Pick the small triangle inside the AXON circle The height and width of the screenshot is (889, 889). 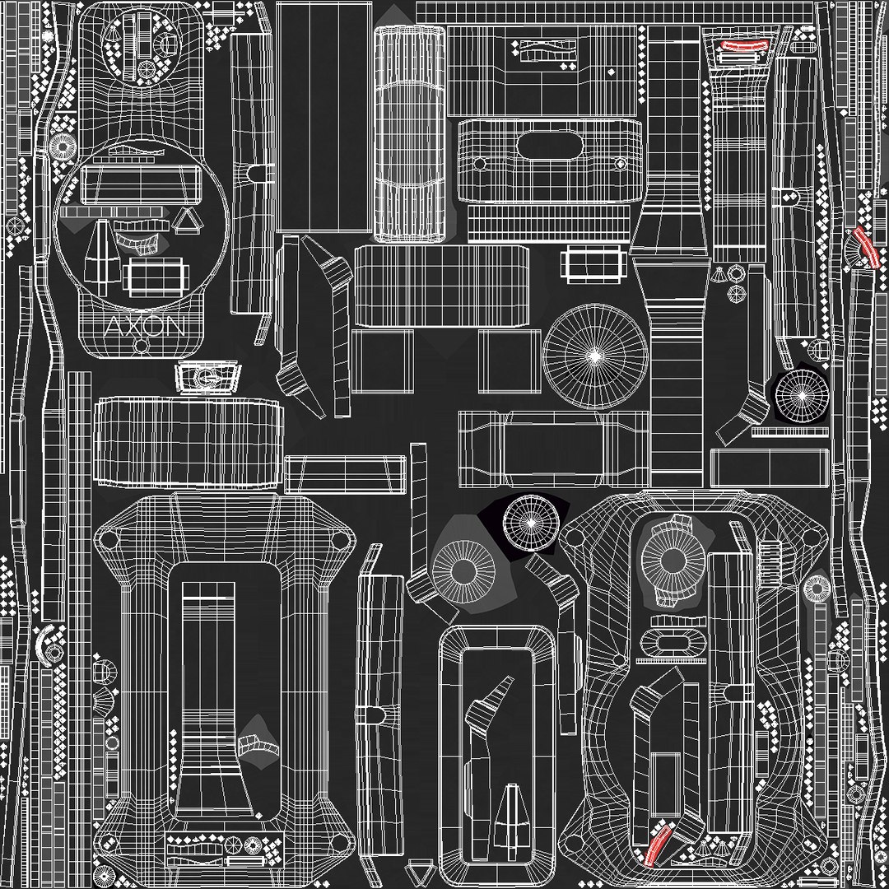(188, 220)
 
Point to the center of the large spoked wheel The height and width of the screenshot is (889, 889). (595, 355)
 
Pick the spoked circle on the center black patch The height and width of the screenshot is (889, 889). (531, 522)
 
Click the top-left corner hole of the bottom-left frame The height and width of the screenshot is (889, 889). (108, 540)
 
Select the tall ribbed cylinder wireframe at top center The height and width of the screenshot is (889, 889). (409, 134)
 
